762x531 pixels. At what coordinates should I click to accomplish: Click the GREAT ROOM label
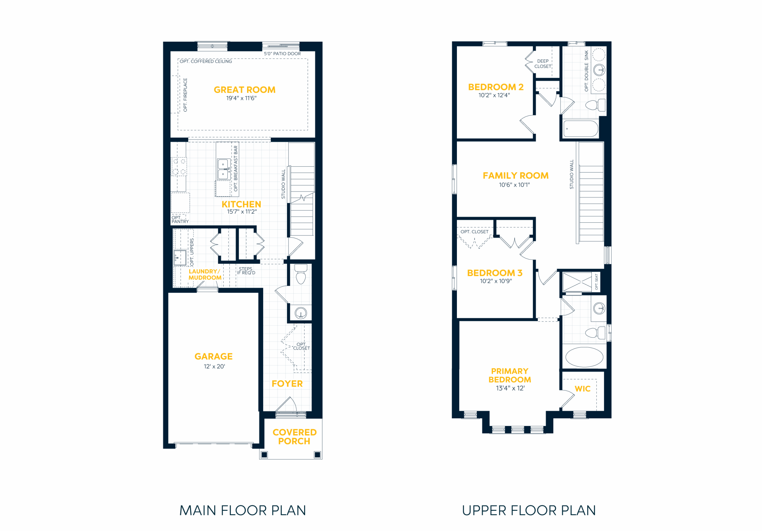(x=245, y=90)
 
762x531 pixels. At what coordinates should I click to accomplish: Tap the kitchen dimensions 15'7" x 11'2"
(x=242, y=212)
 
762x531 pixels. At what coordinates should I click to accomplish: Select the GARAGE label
(x=213, y=357)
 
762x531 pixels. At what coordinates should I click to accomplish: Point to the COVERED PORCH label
(x=294, y=437)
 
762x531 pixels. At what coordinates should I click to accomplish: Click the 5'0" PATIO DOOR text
(x=282, y=54)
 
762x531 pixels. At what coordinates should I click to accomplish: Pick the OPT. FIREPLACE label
(x=185, y=95)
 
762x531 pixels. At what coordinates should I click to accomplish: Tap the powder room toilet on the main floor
(x=301, y=274)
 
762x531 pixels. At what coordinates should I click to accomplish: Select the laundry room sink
(x=180, y=257)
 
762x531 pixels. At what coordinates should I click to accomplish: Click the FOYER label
(x=287, y=384)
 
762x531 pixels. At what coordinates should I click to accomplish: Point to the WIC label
(x=583, y=389)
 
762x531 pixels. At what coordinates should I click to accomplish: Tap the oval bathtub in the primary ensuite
(x=584, y=357)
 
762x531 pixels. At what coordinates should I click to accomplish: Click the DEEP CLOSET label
(x=543, y=64)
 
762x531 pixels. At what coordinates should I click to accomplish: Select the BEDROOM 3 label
(x=494, y=273)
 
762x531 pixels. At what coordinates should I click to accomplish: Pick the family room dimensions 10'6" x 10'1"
(x=514, y=185)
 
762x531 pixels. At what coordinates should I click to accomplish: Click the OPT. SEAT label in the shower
(x=597, y=282)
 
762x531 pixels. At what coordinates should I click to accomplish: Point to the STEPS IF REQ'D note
(x=246, y=271)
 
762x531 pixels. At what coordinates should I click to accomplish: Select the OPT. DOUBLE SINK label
(x=586, y=71)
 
